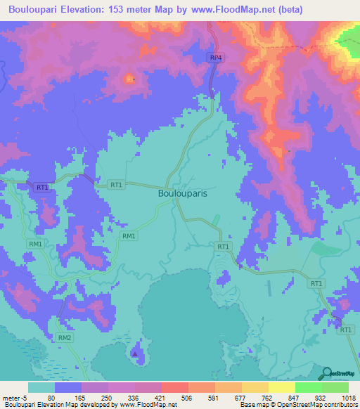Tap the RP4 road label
tap(215, 57)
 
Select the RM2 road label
tap(65, 338)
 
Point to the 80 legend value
tap(51, 397)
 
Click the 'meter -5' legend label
tap(15, 397)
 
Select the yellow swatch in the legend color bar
tap(281, 387)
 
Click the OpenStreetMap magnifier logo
tap(326, 372)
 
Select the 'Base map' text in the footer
tap(254, 405)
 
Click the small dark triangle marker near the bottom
tap(135, 353)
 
